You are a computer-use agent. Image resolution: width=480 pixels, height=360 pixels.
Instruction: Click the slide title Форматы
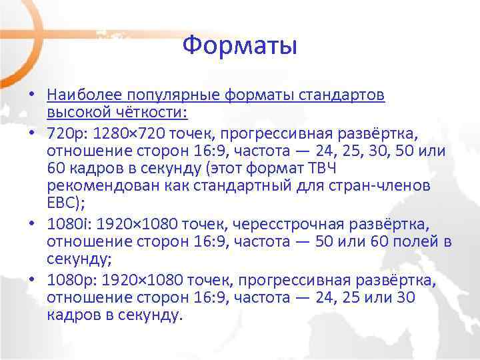[x=239, y=47]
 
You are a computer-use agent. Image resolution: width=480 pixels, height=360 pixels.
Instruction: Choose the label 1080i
[x=65, y=223]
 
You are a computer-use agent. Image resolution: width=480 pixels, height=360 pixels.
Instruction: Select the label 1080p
[x=67, y=279]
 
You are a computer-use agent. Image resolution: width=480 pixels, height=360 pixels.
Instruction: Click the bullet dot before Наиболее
[x=31, y=95]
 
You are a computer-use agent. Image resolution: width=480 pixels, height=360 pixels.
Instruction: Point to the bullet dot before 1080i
[x=31, y=223]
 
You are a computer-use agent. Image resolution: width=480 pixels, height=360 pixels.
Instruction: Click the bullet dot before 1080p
[x=31, y=279]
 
